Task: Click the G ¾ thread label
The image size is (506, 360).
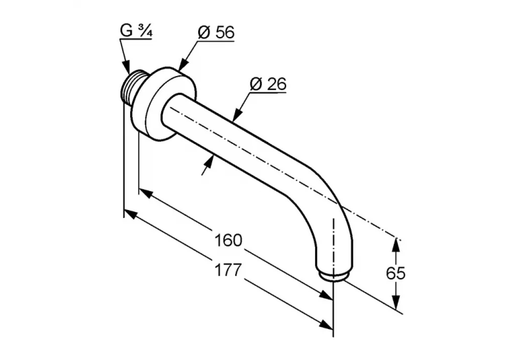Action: (x=136, y=31)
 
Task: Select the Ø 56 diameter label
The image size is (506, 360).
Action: (x=216, y=32)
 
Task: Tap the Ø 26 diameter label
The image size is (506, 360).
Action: (x=268, y=84)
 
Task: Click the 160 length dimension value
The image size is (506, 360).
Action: (x=228, y=240)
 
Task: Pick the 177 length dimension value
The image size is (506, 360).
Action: (x=228, y=270)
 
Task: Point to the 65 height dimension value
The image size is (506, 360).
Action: (x=396, y=273)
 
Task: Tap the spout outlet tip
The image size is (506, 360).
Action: (x=334, y=277)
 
